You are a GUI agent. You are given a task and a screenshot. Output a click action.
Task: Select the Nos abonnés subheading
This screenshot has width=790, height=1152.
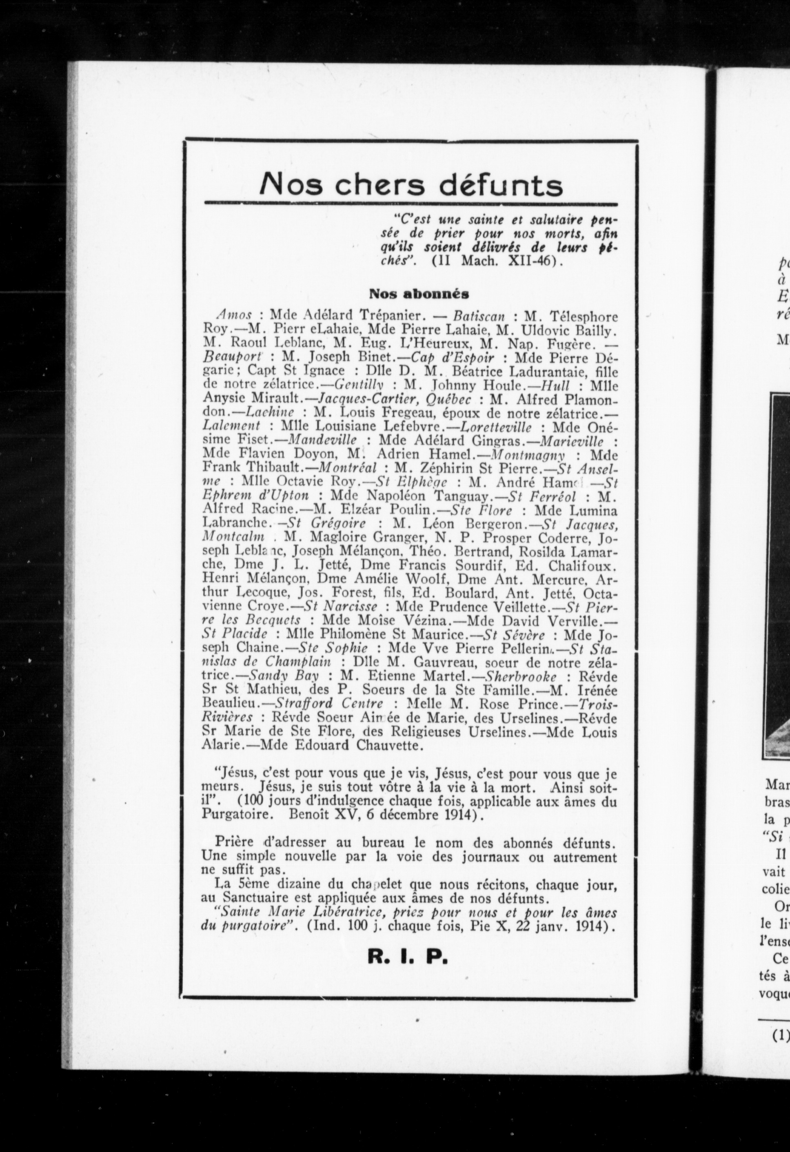point(419,293)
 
